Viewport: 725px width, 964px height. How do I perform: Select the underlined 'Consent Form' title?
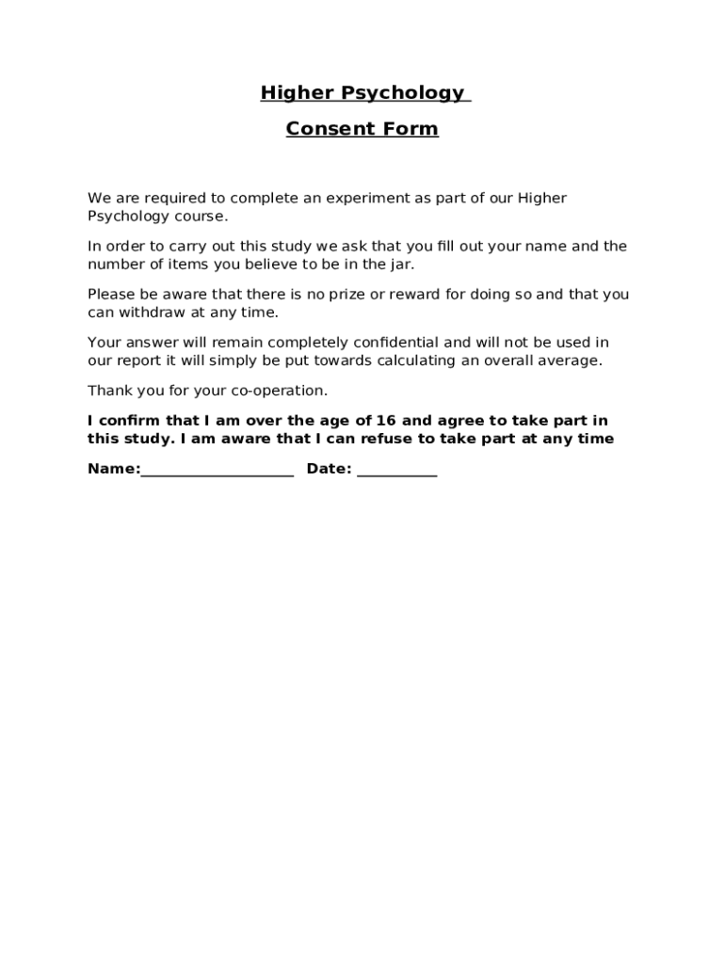[362, 129]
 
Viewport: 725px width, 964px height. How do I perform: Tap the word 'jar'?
[400, 265]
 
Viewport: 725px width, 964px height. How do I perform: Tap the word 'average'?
[569, 361]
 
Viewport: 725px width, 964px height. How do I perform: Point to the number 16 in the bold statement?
[386, 421]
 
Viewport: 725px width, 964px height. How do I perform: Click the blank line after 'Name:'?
[217, 473]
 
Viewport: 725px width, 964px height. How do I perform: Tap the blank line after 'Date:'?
[396, 473]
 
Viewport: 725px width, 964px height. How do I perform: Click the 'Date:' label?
[330, 469]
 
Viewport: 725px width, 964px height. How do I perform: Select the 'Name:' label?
[114, 469]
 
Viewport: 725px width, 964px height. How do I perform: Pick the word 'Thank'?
[108, 391]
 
